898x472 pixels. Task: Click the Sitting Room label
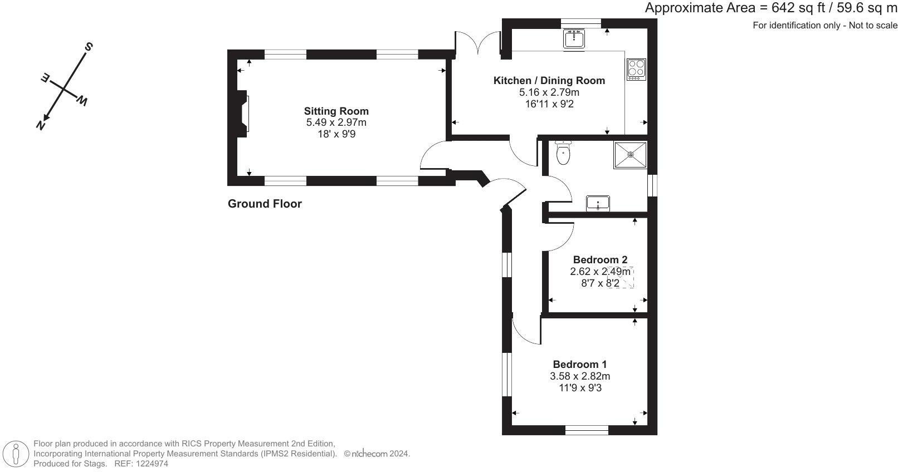coord(336,111)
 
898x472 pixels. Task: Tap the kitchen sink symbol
coord(574,40)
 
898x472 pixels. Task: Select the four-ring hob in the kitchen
coord(636,70)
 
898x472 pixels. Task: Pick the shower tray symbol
coord(631,155)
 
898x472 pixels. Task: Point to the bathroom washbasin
coord(598,203)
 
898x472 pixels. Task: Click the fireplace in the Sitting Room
coord(242,114)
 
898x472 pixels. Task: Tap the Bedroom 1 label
coord(579,365)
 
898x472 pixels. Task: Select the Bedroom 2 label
coord(600,259)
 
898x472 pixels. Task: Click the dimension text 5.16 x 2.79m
coord(549,92)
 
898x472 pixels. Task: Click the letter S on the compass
coord(88,47)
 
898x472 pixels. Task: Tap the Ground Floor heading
coord(265,204)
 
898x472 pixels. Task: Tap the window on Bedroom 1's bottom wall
coord(587,430)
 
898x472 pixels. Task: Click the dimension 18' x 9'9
coord(336,134)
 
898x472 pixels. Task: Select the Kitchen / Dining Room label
coord(549,81)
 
